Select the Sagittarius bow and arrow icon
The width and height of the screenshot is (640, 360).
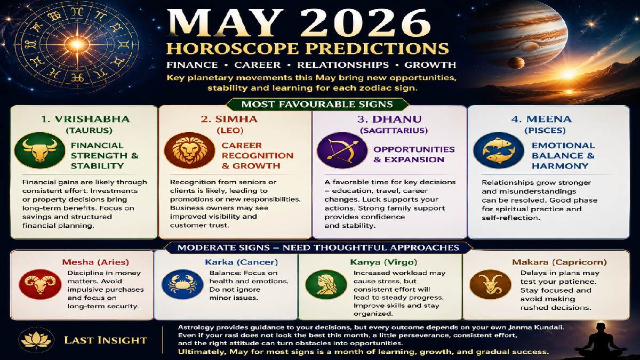tap(335, 150)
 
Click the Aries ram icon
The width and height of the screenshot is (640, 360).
tap(33, 284)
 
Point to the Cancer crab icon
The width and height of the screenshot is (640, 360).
tap(175, 284)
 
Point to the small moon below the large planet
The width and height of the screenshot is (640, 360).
tap(514, 63)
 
